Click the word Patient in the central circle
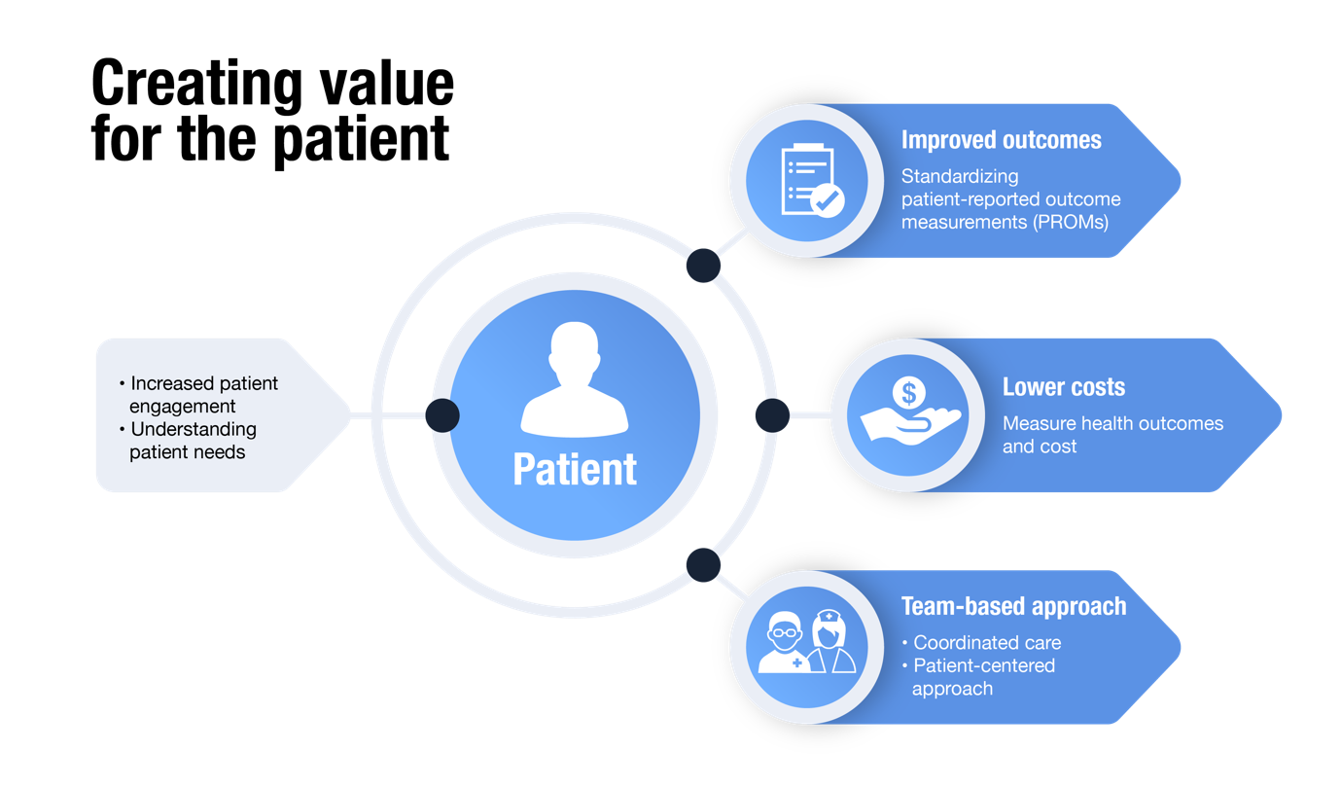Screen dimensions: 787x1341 [x=575, y=469]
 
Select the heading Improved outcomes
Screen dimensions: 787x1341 [x=1001, y=140]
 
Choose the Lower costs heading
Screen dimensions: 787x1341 [x=1063, y=387]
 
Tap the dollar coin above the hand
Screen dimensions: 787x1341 [x=908, y=393]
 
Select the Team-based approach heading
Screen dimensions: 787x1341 [x=1013, y=607]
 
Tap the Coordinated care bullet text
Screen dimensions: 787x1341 [x=986, y=643]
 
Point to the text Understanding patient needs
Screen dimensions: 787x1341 [x=192, y=440]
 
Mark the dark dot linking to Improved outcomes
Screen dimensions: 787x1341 [x=703, y=266]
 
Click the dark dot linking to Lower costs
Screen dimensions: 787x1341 [x=772, y=415]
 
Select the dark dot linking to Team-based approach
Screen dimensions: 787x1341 [x=703, y=565]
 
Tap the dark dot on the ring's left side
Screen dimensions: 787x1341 [x=442, y=415]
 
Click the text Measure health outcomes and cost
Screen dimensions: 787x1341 [x=1112, y=435]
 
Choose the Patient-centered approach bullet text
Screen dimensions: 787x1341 [x=982, y=677]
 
